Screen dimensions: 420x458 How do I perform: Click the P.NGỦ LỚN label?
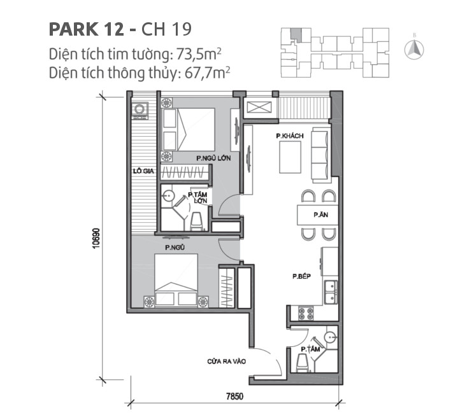coord(213,157)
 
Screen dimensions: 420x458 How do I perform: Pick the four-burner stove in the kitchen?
coord(304,313)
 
